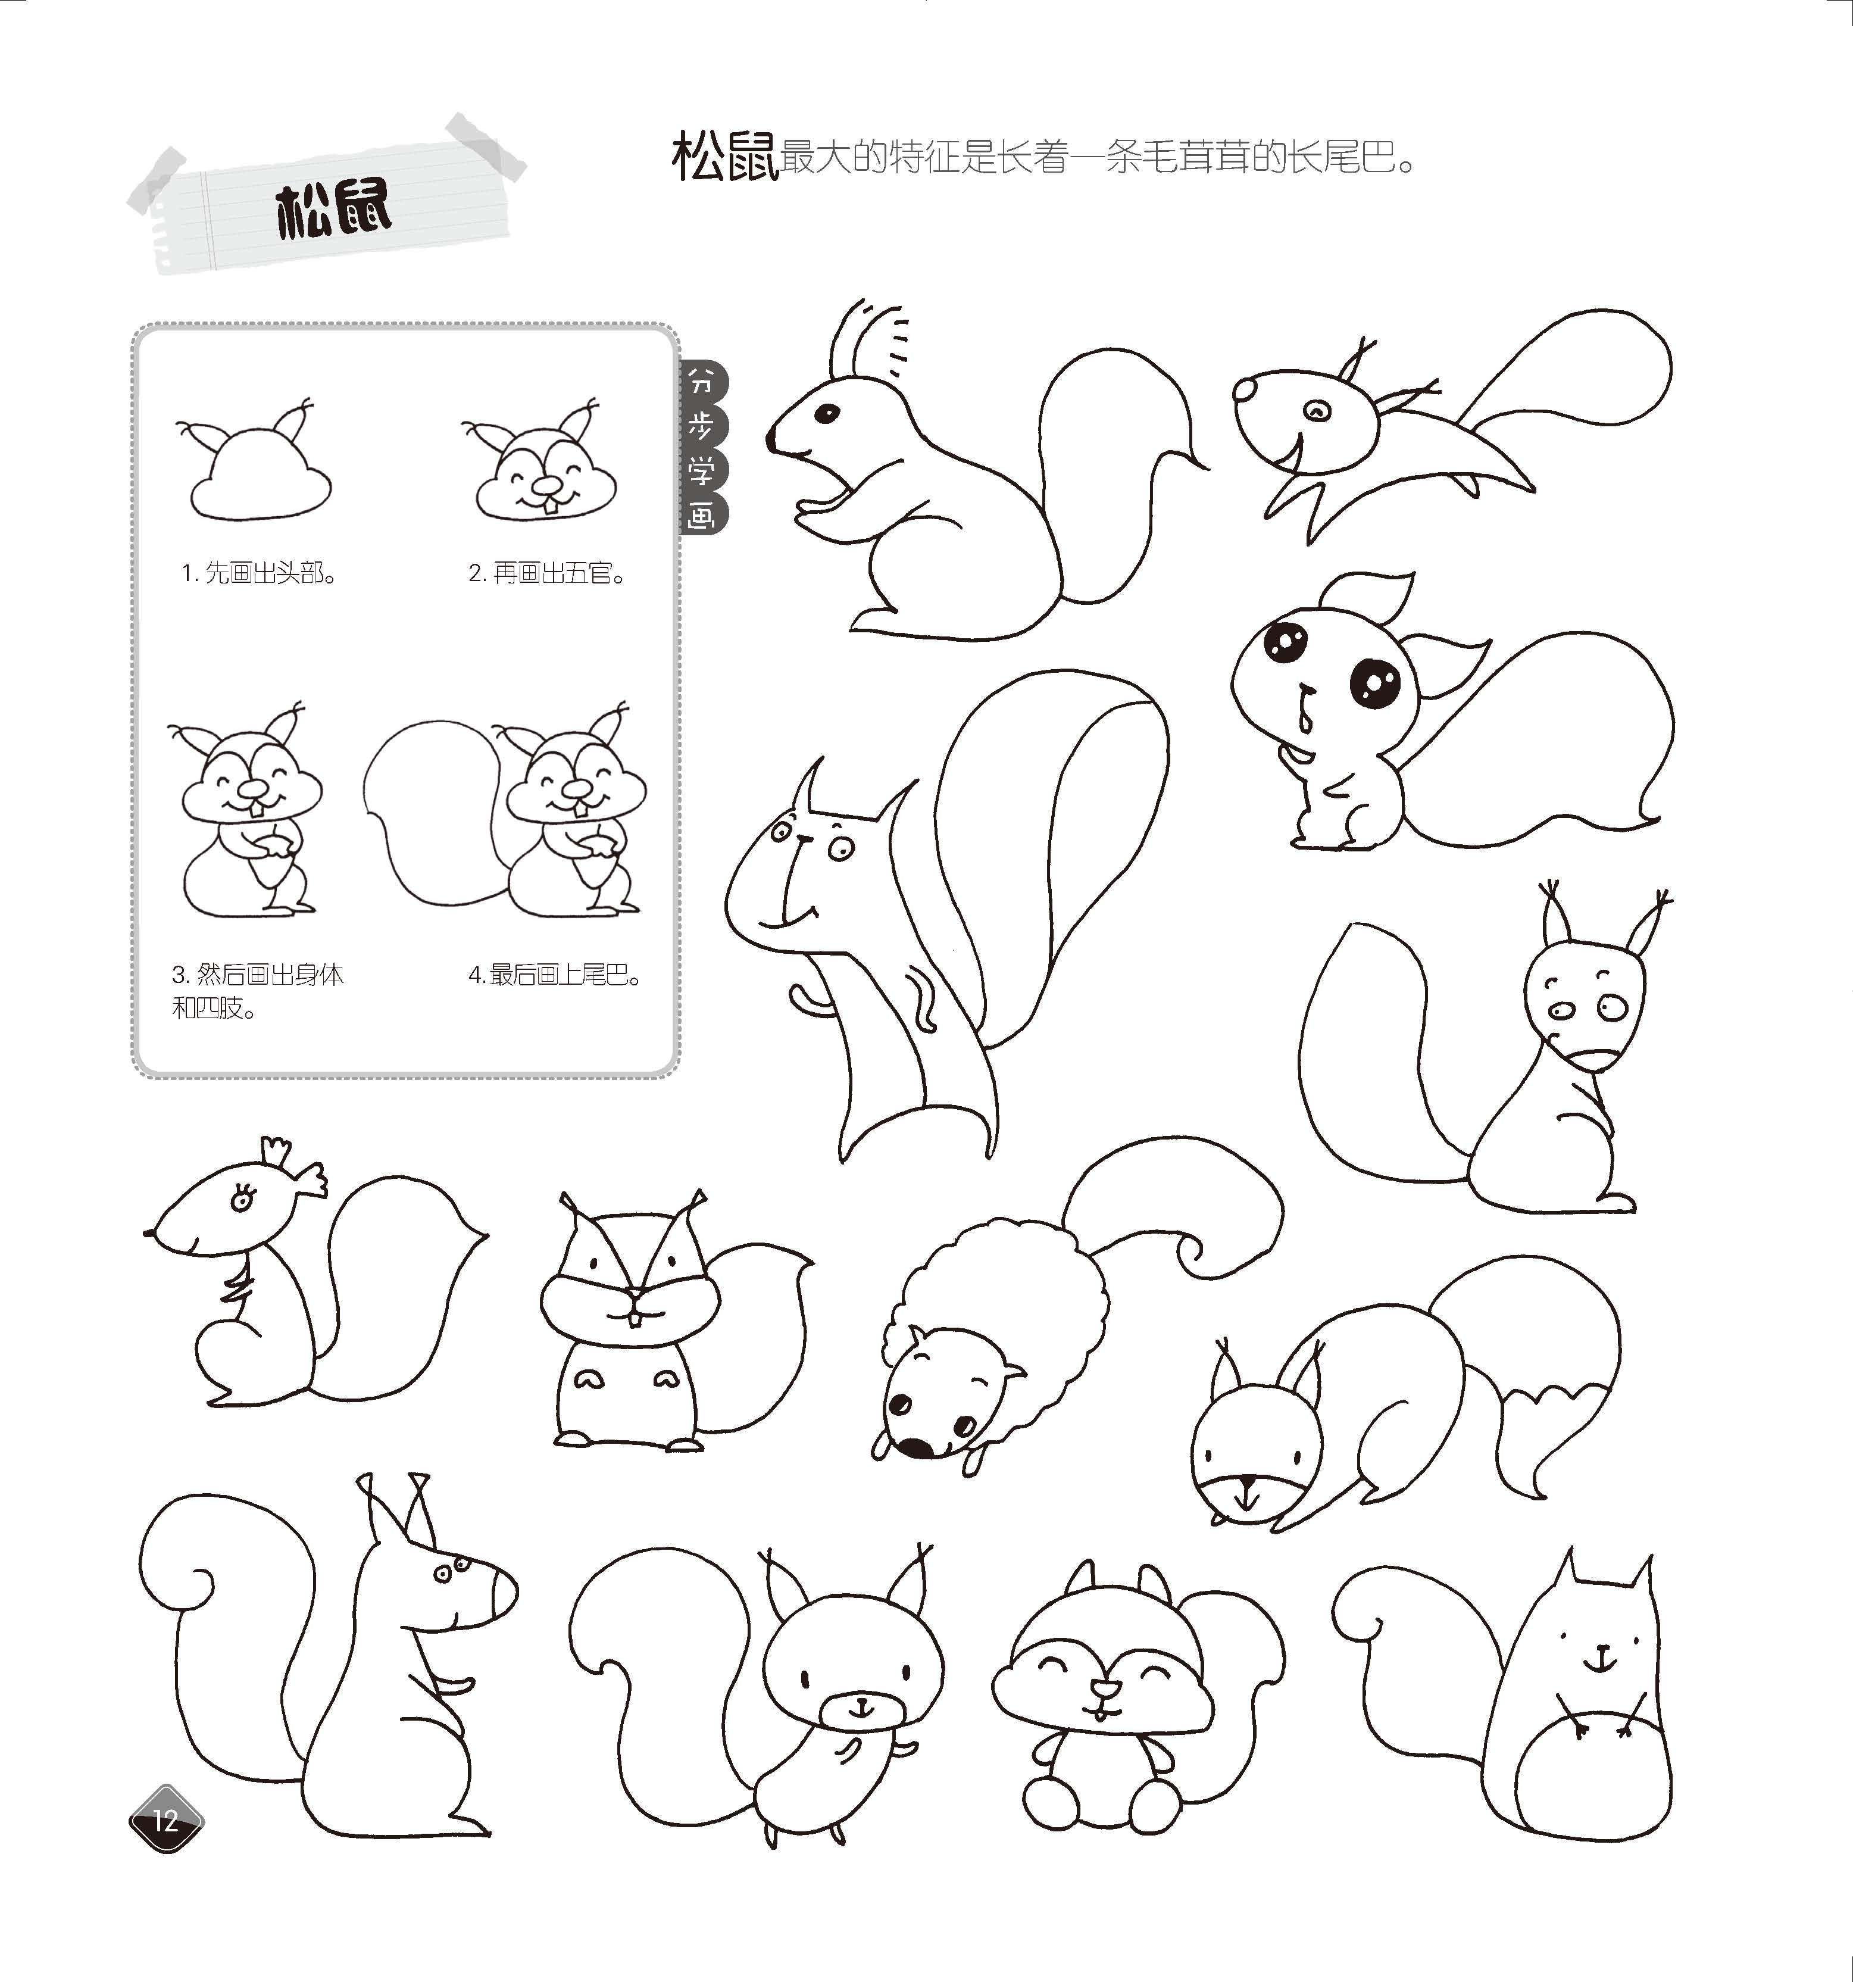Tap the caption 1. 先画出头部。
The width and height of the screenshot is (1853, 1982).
point(259,573)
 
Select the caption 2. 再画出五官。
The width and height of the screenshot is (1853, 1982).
point(548,573)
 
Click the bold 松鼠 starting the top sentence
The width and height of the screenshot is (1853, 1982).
point(724,158)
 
